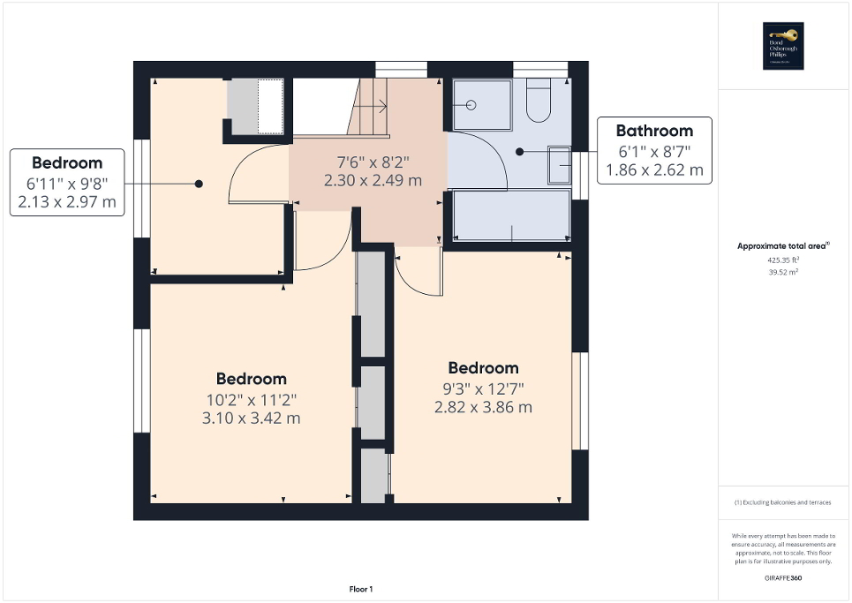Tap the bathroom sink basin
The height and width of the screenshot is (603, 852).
559,165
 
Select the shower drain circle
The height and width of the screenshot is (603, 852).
471,105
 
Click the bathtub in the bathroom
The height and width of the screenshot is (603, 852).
512,216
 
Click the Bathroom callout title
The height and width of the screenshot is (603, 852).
654,131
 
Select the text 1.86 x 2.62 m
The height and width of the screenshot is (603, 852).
654,170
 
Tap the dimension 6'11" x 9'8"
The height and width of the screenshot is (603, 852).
67,183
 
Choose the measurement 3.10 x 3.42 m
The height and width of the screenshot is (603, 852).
252,418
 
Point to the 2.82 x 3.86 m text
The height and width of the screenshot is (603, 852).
483,407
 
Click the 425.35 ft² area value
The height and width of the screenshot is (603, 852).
783,260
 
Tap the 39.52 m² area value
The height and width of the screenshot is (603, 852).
783,273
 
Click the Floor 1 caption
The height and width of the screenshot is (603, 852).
361,589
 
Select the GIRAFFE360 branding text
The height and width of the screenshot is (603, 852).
783,577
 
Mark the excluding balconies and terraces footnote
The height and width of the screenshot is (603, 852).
783,502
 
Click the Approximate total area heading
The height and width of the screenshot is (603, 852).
782,246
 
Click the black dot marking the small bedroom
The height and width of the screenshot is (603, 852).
199,184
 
